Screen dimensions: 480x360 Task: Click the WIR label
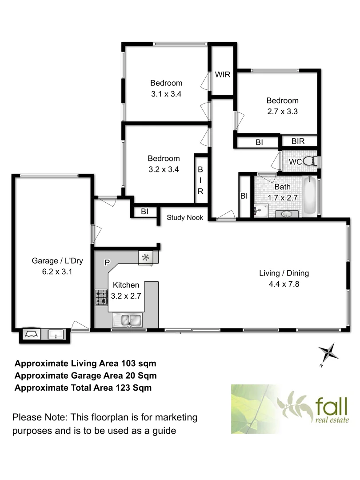click(x=223, y=74)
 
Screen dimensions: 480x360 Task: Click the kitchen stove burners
click(x=101, y=297)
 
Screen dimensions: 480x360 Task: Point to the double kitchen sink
click(x=127, y=319)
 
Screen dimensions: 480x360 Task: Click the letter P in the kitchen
click(x=107, y=263)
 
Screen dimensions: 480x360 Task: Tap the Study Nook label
click(x=185, y=217)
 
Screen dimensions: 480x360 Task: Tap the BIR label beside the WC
click(x=298, y=141)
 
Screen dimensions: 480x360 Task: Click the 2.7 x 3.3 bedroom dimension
click(x=282, y=112)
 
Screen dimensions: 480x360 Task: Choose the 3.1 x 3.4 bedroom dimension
click(x=166, y=94)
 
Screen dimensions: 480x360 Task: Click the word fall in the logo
click(x=332, y=407)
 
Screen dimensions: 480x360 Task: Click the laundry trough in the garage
click(x=56, y=334)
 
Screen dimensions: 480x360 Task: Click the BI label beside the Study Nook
click(x=144, y=212)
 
